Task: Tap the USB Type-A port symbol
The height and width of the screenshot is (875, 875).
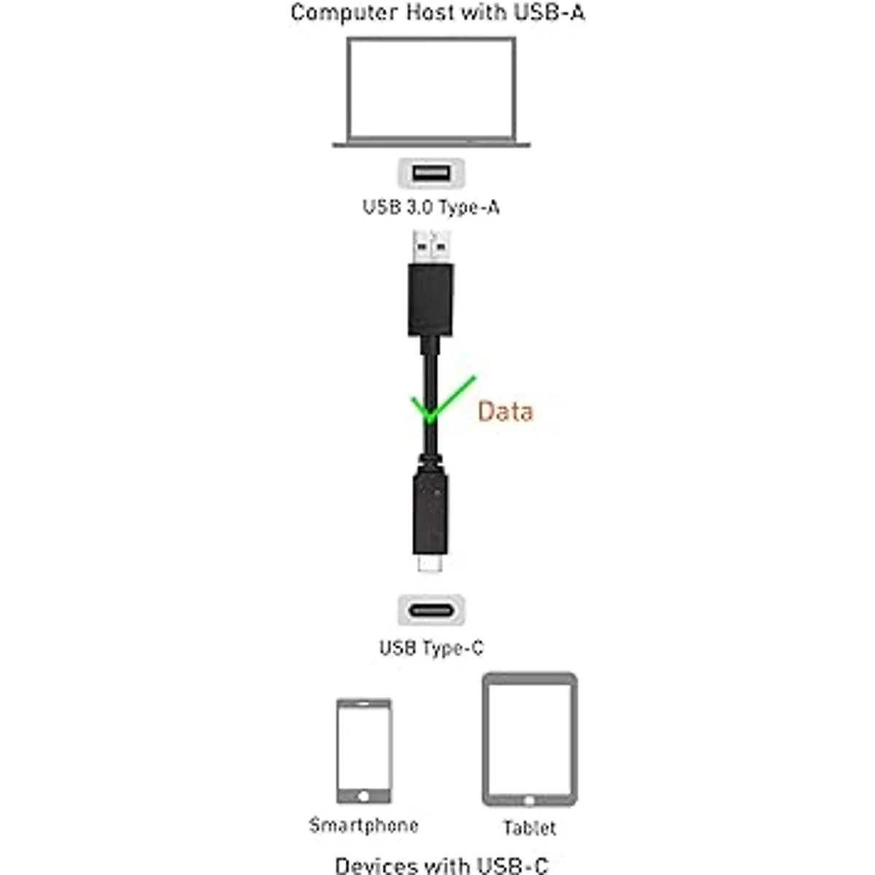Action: (430, 174)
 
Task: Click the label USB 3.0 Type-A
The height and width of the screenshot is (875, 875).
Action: (431, 208)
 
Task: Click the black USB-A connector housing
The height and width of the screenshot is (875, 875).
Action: (430, 299)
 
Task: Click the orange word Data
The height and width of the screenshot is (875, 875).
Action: (505, 412)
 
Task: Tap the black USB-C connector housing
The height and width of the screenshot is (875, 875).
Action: (430, 510)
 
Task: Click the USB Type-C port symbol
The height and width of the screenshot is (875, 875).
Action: (431, 610)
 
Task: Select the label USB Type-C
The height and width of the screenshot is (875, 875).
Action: (431, 647)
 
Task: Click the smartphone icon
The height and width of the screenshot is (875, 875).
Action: (364, 751)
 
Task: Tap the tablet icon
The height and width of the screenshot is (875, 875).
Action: (529, 740)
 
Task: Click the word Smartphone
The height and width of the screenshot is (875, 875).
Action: (364, 826)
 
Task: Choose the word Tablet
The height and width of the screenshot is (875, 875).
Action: (529, 828)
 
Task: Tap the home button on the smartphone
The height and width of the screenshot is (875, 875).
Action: (364, 796)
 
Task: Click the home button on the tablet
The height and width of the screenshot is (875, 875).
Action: (529, 801)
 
